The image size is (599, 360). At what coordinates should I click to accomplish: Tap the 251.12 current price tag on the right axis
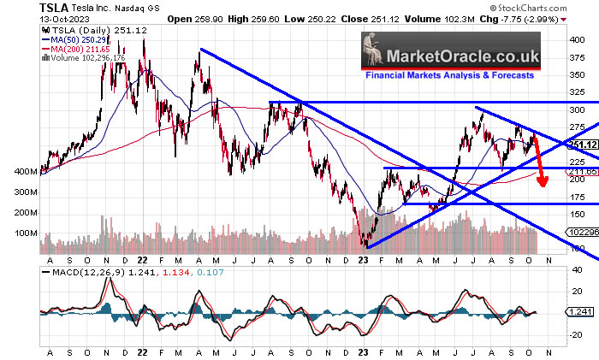pyautogui.click(x=581, y=144)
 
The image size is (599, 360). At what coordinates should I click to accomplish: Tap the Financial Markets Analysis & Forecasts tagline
pyautogui.click(x=449, y=75)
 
